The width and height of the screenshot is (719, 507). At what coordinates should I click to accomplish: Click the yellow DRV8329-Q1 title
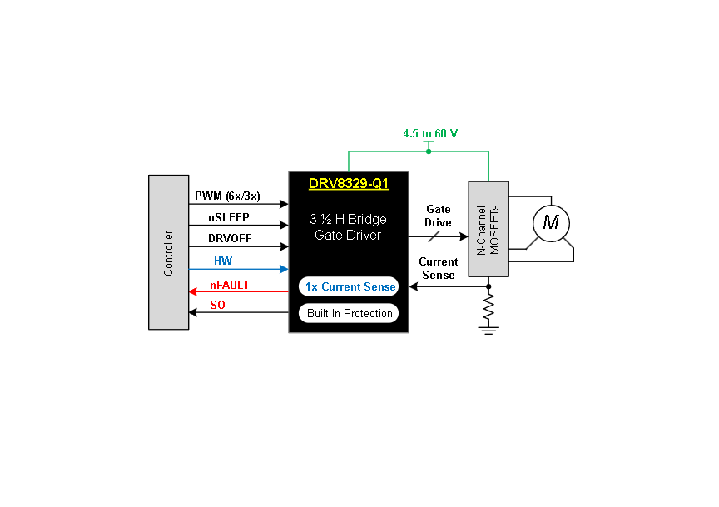(x=349, y=183)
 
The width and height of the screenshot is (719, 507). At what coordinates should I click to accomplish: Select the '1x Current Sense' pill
(x=349, y=286)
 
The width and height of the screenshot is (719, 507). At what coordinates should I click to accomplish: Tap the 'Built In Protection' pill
(x=349, y=313)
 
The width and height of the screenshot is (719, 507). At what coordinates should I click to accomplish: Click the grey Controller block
(x=168, y=252)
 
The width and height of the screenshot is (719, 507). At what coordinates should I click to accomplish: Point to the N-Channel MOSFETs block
(x=488, y=229)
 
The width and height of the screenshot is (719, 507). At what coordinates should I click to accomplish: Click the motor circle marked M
(x=551, y=223)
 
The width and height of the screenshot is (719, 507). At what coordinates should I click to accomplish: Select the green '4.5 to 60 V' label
(x=430, y=133)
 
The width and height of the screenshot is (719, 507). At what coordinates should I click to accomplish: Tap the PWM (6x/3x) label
(x=227, y=196)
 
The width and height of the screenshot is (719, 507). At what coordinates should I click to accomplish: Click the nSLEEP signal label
(x=229, y=217)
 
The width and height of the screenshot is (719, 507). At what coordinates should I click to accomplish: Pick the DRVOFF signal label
(x=230, y=239)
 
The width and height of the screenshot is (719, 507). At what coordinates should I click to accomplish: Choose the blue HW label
(x=223, y=261)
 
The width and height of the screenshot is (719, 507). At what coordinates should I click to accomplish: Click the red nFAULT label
(x=230, y=285)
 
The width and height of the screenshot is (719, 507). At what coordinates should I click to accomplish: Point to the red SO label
(x=217, y=305)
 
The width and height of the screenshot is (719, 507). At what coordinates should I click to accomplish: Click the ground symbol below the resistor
(x=488, y=330)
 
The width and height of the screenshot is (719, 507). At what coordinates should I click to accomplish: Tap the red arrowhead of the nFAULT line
(x=193, y=291)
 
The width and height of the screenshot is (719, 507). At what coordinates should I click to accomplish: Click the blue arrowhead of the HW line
(x=284, y=269)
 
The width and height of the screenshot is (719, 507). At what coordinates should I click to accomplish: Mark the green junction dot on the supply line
(x=429, y=152)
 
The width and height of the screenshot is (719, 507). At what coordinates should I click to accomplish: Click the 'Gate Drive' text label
(x=438, y=216)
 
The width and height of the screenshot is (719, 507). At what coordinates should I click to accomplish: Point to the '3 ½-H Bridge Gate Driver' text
(x=348, y=226)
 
